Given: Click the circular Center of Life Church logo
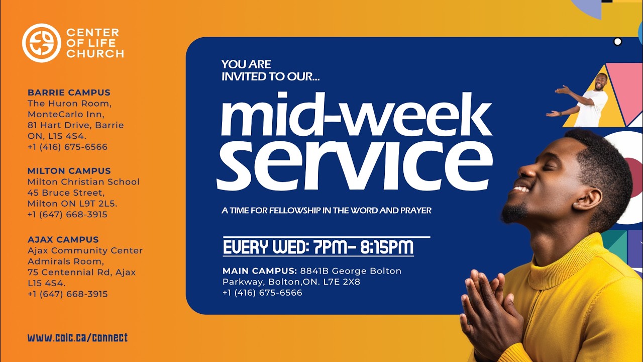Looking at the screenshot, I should pyautogui.click(x=41, y=43).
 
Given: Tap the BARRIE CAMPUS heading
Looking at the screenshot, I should pyautogui.click(x=69, y=93).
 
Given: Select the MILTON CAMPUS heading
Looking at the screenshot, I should pyautogui.click(x=69, y=171).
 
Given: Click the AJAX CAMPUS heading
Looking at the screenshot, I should pyautogui.click(x=63, y=239).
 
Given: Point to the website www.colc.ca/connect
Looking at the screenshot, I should pyautogui.click(x=78, y=338).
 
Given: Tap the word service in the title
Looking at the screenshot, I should pyautogui.click(x=354, y=162).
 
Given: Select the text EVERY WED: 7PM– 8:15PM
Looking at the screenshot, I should pyautogui.click(x=318, y=248).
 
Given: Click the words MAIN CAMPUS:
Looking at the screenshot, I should pyautogui.click(x=260, y=271).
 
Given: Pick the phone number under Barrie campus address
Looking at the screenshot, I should pyautogui.click(x=67, y=147).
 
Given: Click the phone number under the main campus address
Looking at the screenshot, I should pyautogui.click(x=262, y=293).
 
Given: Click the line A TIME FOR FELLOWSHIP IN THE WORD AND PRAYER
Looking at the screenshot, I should pyautogui.click(x=327, y=210).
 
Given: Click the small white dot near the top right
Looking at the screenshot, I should pyautogui.click(x=618, y=42).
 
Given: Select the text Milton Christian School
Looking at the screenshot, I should pyautogui.click(x=83, y=182).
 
